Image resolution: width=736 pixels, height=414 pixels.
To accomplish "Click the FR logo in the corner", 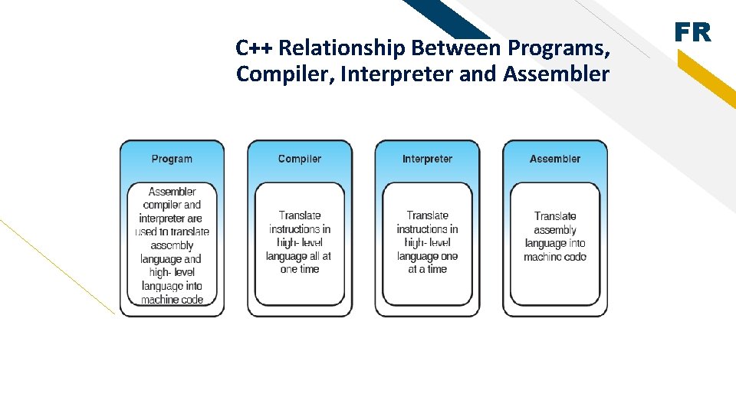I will point(692,32).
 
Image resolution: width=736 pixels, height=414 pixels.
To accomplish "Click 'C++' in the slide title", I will point(255,48).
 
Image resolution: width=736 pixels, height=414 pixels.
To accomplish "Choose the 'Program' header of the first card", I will point(172,159).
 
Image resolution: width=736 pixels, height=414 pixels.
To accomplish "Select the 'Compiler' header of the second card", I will point(300,159).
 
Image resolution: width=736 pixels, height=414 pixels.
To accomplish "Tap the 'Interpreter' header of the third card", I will point(427,159).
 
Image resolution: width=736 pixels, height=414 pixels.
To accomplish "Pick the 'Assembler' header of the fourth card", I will point(555,159).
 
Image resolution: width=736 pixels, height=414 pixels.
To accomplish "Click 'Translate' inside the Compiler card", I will point(300,215).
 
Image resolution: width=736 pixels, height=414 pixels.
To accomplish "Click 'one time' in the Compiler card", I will point(300,269).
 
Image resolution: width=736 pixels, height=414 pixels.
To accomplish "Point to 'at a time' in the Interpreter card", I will point(427,269).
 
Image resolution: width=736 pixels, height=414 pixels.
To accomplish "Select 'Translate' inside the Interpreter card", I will point(427,215).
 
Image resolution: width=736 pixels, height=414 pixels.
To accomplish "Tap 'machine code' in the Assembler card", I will point(555,257).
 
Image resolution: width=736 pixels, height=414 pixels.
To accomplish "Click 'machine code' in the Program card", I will point(172,300).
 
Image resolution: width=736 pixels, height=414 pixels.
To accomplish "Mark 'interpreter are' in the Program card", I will point(172,219).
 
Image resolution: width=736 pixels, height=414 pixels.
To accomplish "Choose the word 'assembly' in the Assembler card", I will point(555,230).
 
